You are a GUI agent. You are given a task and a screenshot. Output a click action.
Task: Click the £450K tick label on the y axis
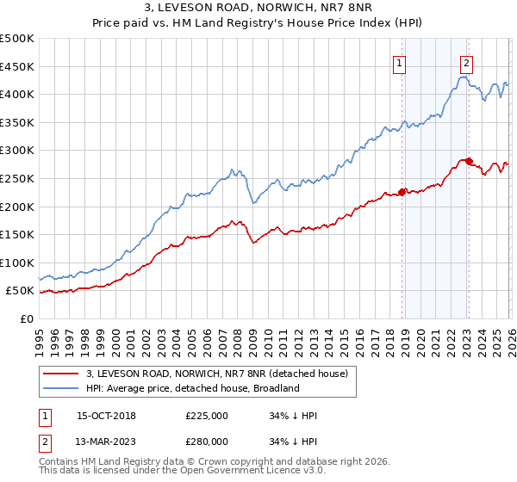pyautogui.click(x=17, y=66)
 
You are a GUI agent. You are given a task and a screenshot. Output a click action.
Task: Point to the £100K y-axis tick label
pyautogui.click(x=17, y=263)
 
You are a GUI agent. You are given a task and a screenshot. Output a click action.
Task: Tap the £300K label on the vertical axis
pyautogui.click(x=17, y=151)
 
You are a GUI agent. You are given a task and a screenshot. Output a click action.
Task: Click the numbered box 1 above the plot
pyautogui.click(x=401, y=62)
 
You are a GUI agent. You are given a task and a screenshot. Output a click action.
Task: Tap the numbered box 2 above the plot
pyautogui.click(x=466, y=62)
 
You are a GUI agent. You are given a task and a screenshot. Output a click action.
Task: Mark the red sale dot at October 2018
pyautogui.click(x=402, y=193)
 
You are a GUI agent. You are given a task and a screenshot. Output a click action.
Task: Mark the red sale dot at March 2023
pyautogui.click(x=468, y=161)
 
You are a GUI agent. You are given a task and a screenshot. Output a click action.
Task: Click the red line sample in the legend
pyautogui.click(x=61, y=374)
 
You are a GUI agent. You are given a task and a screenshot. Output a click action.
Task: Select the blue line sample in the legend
pyautogui.click(x=61, y=388)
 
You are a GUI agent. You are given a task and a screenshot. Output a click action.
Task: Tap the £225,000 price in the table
pyautogui.click(x=206, y=416)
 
